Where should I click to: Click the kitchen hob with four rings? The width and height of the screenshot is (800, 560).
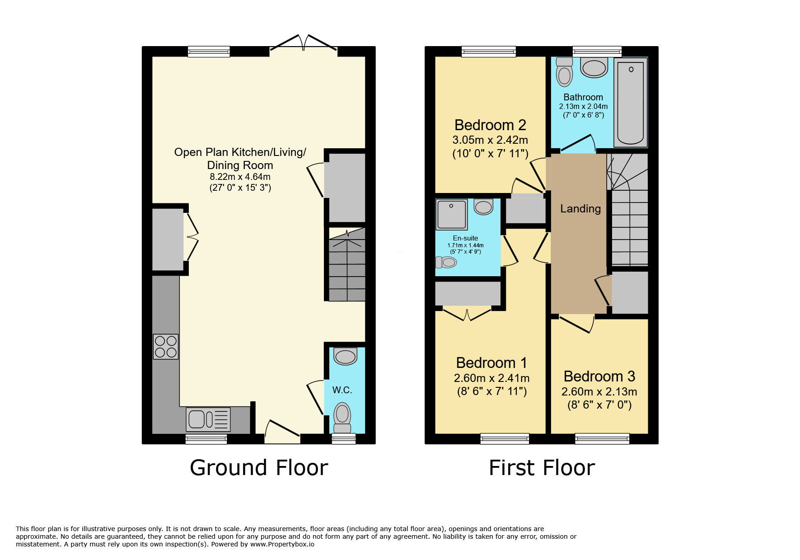pos(166,347)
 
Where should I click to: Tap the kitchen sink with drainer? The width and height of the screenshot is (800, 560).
pos(208,419)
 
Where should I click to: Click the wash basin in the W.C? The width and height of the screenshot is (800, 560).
pos(346,356)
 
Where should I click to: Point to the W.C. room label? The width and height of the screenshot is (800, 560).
pos(342,390)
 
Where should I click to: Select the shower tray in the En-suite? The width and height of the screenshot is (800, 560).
pos(451,214)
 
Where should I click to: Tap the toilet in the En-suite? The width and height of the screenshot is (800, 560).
pos(446,262)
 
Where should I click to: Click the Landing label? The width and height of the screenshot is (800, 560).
pos(580,209)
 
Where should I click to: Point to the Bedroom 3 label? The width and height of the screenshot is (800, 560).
pos(599,376)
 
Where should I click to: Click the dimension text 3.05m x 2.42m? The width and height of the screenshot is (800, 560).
pos(490,140)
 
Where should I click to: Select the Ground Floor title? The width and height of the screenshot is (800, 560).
pos(259,468)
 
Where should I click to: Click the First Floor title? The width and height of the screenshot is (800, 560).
pos(542,468)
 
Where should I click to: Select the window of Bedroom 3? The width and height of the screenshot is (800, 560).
pos(602,438)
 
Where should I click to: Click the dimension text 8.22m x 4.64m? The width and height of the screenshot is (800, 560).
pos(240,177)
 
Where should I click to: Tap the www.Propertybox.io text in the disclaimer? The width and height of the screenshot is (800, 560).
pos(282,544)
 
